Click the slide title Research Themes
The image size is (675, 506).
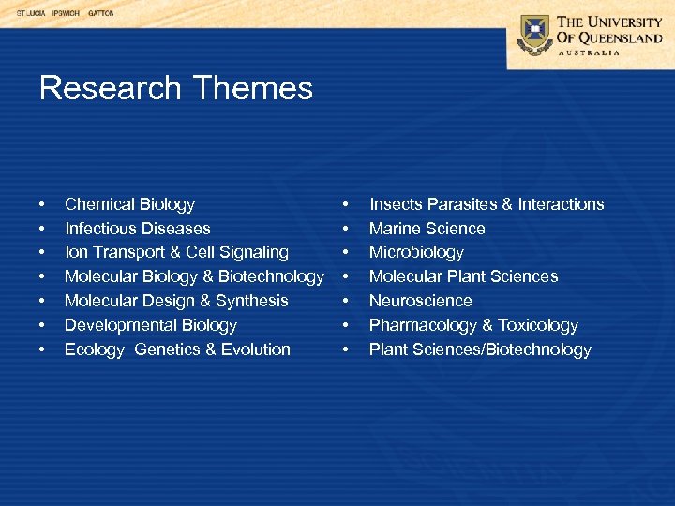click(x=175, y=88)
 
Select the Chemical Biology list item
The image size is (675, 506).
click(x=129, y=204)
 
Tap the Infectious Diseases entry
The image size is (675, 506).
click(x=137, y=229)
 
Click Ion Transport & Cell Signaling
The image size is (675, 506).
click(x=176, y=252)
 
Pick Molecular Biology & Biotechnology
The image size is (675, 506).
click(x=193, y=276)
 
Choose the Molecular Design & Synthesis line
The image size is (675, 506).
click(x=176, y=301)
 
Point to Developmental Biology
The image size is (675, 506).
click(x=150, y=325)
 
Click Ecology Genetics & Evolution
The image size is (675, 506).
click(x=177, y=350)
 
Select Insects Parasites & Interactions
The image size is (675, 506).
click(x=487, y=204)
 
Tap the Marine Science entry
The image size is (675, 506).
click(x=427, y=229)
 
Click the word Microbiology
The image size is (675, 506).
click(x=416, y=252)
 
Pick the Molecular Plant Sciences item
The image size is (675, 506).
click(x=463, y=276)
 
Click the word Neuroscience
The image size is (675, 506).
click(x=420, y=301)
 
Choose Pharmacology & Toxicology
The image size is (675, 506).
click(x=473, y=325)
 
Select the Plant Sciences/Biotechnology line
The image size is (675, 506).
click(x=480, y=350)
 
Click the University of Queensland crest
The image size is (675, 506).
click(x=535, y=35)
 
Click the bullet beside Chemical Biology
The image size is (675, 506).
click(x=42, y=205)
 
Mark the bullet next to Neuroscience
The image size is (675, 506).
click(x=347, y=302)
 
